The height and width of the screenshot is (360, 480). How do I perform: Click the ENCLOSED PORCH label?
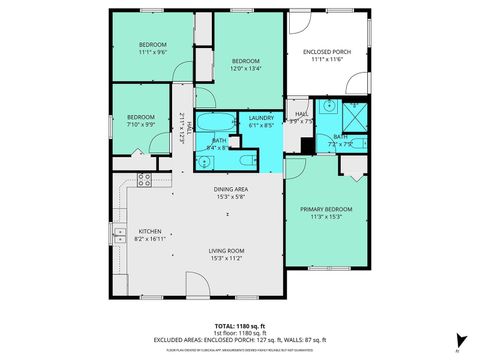tap(327, 51)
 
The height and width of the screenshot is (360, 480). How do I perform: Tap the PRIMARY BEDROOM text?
tap(326, 209)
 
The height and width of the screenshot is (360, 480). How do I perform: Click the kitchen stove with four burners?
tap(143, 180)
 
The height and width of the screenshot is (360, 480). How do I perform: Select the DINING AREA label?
tap(230, 189)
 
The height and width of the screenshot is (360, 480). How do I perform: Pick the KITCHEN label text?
tap(149, 231)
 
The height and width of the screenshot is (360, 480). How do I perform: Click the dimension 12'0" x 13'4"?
tap(246, 69)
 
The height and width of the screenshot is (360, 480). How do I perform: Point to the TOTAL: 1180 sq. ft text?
tap(239, 326)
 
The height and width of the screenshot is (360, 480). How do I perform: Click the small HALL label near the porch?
tap(301, 115)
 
